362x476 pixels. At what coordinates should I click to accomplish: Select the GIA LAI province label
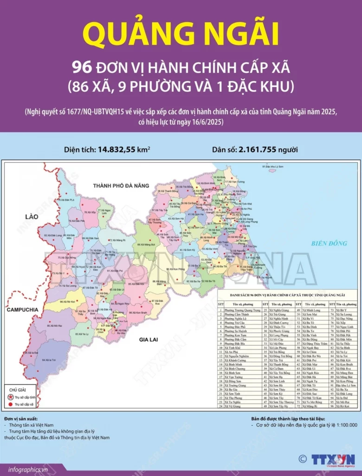[x=149, y=340]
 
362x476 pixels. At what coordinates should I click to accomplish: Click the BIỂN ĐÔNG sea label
[x=329, y=243]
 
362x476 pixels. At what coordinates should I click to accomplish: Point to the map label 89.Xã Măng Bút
[x=146, y=244]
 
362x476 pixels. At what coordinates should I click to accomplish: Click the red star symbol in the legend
[x=11, y=397]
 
